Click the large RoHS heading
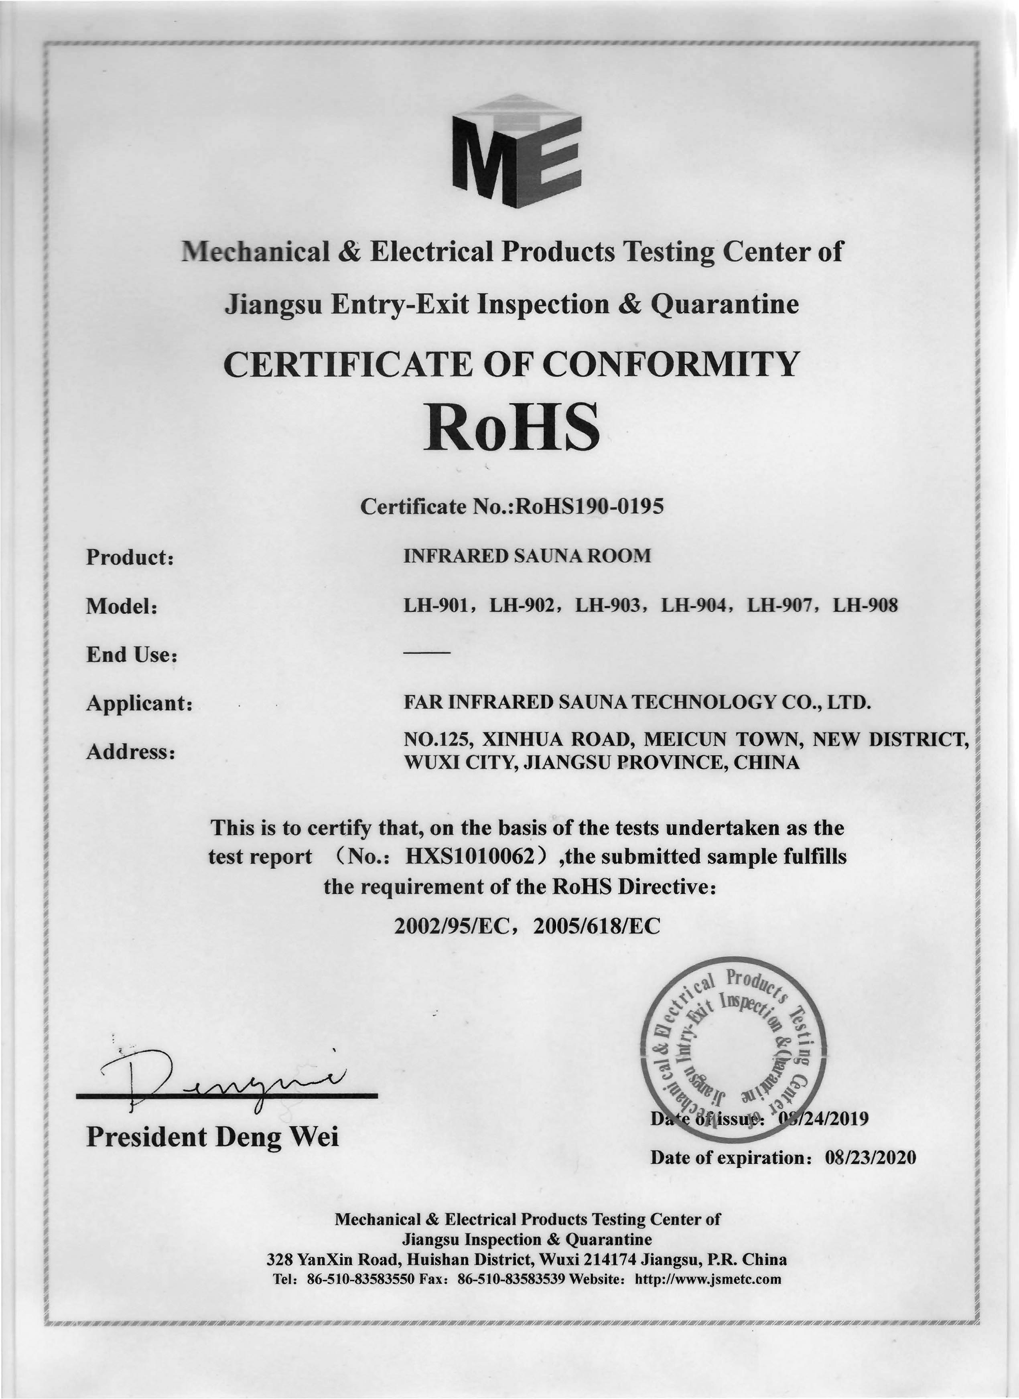[x=511, y=427]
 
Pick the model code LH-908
[x=865, y=606]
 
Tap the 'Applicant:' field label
[x=139, y=703]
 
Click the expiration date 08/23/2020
[x=870, y=1157]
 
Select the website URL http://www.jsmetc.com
[x=708, y=1279]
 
